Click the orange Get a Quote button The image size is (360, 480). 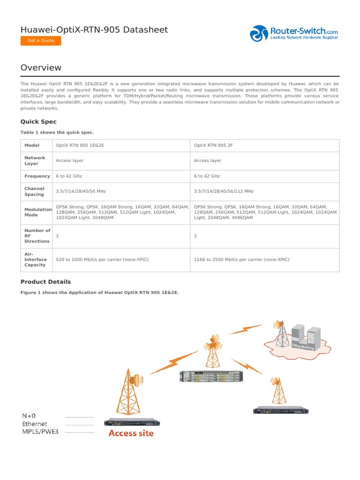click(41, 41)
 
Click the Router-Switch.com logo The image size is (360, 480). click(294, 34)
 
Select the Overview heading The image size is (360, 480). click(41, 67)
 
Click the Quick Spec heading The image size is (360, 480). click(38, 121)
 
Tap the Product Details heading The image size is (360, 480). click(45, 282)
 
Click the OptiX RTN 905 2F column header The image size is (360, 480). click(213, 145)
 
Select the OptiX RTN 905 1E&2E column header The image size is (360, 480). click(80, 145)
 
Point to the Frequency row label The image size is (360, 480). click(37, 176)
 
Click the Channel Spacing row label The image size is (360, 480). click(34, 191)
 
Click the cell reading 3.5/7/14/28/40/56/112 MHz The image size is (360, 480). click(224, 191)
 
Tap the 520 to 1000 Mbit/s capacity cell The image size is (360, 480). click(102, 259)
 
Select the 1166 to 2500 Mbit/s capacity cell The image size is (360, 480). click(241, 259)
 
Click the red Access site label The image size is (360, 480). click(131, 433)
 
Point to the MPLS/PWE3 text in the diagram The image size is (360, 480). click(41, 432)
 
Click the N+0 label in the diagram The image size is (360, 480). click(29, 416)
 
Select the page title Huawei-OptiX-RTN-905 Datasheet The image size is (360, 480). click(94, 30)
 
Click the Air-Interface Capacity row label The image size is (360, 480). click(35, 259)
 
